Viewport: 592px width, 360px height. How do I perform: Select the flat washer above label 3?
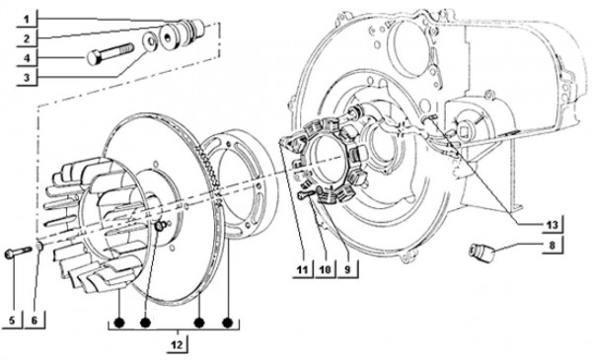(146, 40)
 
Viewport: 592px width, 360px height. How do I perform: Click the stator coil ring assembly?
(326, 162)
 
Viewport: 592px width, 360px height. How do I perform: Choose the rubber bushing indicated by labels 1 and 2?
(185, 34)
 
